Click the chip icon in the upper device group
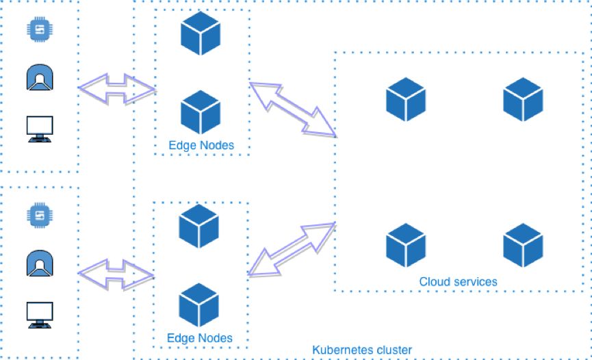click(x=40, y=28)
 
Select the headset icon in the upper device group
click(x=40, y=77)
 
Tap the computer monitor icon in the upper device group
click(x=40, y=128)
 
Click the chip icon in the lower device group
click(x=40, y=214)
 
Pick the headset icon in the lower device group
click(x=40, y=263)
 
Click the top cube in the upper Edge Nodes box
click(x=201, y=34)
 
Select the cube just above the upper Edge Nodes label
click(x=201, y=112)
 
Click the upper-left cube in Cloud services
click(x=405, y=99)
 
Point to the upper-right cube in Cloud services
click(x=523, y=99)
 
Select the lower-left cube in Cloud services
click(x=405, y=245)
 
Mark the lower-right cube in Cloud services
click(x=523, y=245)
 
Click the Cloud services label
click(x=458, y=281)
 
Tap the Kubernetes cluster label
click(x=362, y=350)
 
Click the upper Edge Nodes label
click(x=201, y=145)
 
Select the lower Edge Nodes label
click(x=199, y=338)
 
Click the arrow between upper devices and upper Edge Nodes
click(x=117, y=88)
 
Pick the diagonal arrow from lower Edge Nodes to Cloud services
click(x=292, y=250)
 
